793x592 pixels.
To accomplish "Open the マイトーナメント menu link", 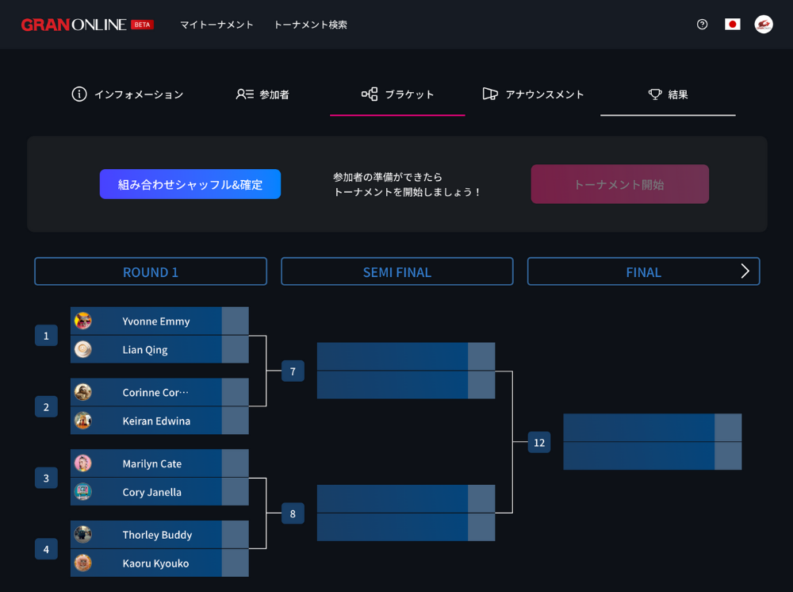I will [216, 25].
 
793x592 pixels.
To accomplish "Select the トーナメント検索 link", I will [310, 25].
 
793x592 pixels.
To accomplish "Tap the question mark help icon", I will [702, 25].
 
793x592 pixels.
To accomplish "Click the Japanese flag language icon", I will [733, 25].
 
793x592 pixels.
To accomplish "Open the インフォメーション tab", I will [128, 94].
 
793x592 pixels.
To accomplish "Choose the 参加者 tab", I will [262, 94].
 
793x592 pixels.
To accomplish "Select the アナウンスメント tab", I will [533, 94].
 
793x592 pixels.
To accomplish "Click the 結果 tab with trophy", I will [668, 94].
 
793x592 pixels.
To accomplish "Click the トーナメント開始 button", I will [619, 184].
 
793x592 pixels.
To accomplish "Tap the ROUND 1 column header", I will [151, 271].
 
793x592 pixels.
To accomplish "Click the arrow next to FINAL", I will [745, 271].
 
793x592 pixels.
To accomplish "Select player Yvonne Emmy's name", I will [156, 321].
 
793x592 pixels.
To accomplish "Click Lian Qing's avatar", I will [83, 349].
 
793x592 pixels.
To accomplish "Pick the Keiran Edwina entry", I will [156, 421].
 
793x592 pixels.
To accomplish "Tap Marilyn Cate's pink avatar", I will [83, 463].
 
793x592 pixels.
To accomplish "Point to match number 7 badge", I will [293, 371].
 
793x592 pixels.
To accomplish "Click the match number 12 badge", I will [539, 442].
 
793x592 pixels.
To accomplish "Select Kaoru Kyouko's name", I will [155, 563].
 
